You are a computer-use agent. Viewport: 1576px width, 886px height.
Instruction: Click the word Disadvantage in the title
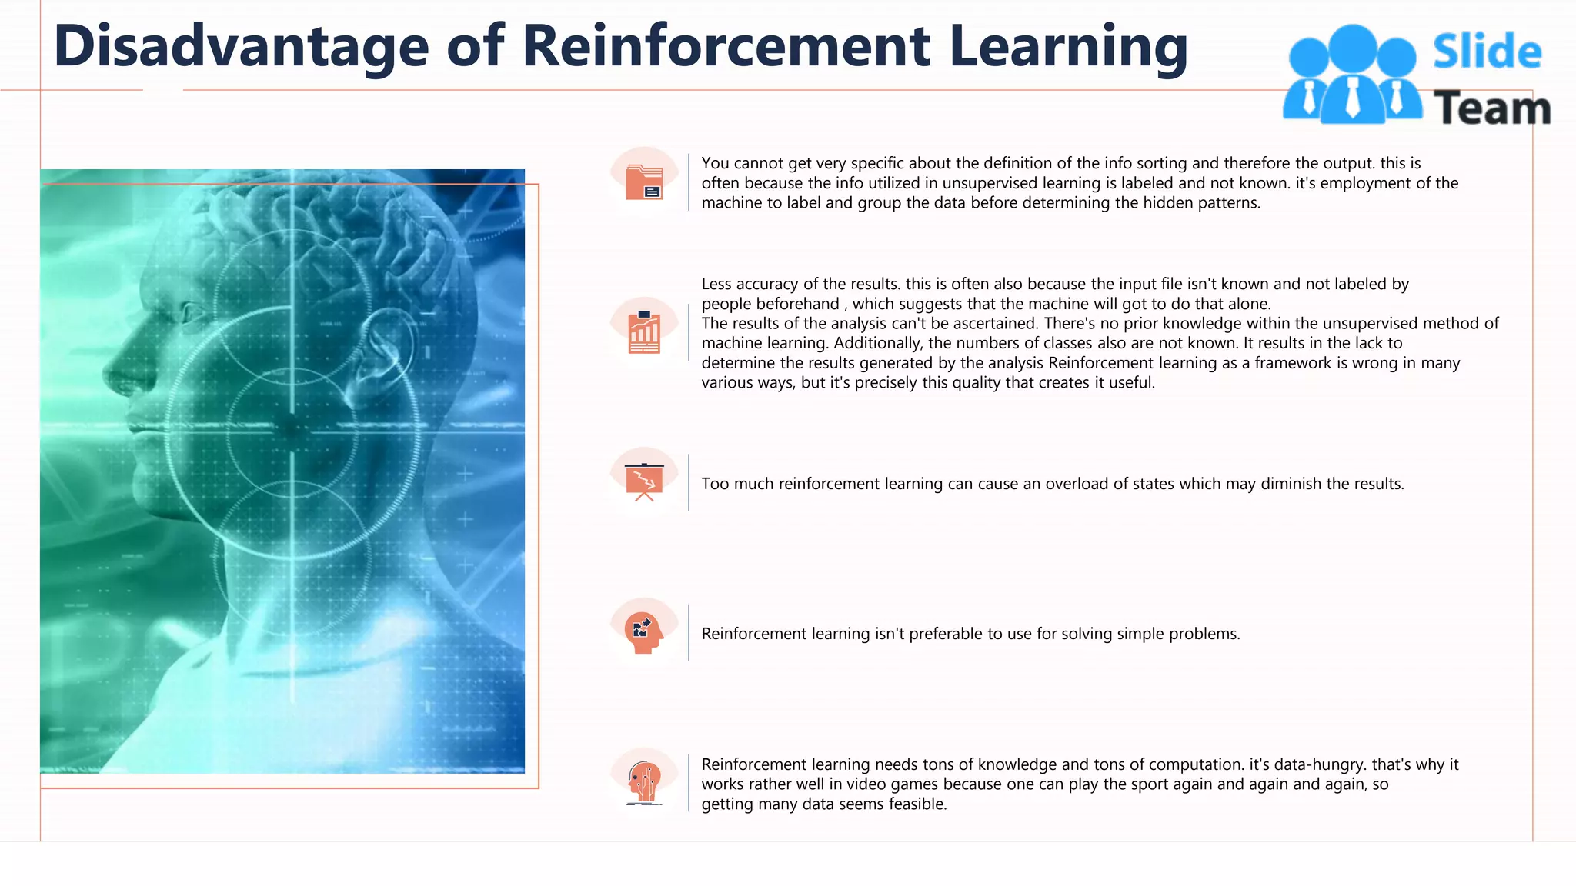[241, 47]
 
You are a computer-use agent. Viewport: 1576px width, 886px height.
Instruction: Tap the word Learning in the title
[1068, 47]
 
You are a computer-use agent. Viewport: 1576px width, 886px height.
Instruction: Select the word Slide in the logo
[1487, 52]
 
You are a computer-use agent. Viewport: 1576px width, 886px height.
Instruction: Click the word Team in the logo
[1491, 108]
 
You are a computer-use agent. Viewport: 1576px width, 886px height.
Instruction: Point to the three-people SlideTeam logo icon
[1352, 75]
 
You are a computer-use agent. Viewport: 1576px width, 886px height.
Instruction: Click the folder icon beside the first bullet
[644, 182]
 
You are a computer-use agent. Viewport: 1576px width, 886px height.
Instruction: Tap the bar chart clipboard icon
[644, 332]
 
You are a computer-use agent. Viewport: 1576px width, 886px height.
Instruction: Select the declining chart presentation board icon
[644, 482]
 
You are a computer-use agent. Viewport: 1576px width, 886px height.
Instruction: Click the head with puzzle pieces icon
[644, 632]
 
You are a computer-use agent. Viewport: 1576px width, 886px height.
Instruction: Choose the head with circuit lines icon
[644, 782]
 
